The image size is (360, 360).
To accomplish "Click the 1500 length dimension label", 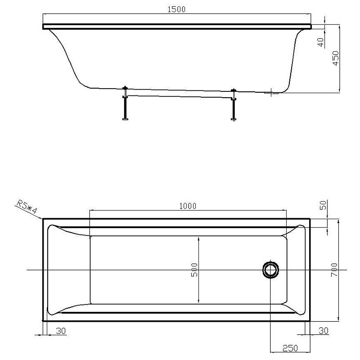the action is [176, 9].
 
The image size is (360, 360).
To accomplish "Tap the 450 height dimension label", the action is [336, 58].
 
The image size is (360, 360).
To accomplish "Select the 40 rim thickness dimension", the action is [321, 42].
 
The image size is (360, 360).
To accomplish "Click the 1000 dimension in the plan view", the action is [188, 206].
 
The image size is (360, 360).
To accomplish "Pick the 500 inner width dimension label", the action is [194, 270].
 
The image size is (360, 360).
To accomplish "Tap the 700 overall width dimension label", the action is [334, 270].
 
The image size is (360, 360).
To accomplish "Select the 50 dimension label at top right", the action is [323, 205].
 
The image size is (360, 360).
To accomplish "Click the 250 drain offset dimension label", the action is [290, 348].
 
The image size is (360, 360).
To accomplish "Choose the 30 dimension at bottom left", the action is [61, 331].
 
